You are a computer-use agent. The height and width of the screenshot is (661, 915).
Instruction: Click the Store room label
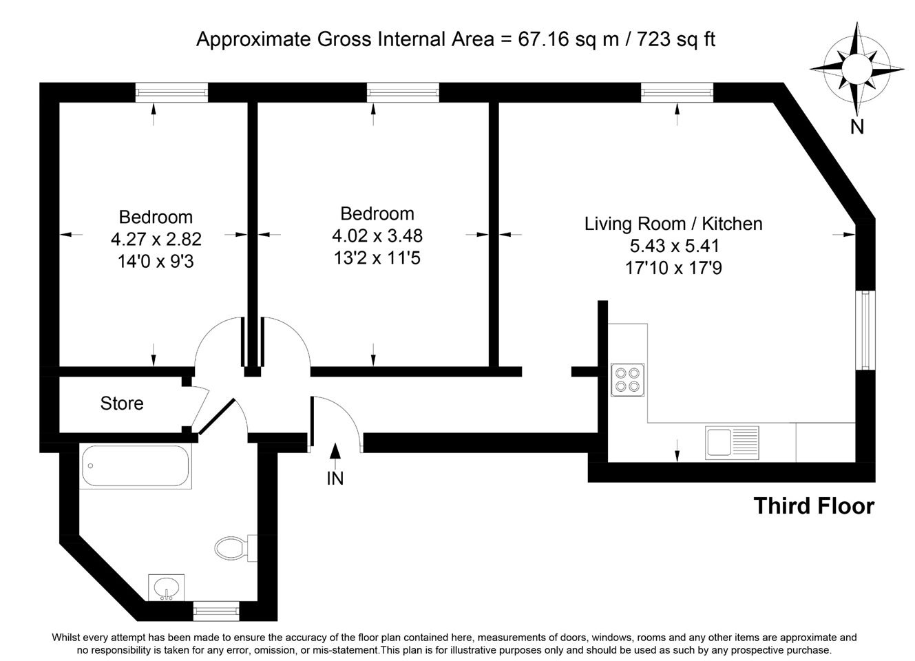click(x=122, y=403)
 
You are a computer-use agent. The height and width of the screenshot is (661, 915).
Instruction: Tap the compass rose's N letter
click(x=856, y=127)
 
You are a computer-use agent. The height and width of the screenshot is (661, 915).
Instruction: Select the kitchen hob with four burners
click(x=627, y=379)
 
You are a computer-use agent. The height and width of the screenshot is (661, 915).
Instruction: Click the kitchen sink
click(x=732, y=443)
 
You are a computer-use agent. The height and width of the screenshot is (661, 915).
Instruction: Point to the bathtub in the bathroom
click(x=136, y=465)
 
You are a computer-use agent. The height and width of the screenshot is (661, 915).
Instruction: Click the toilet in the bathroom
click(x=235, y=548)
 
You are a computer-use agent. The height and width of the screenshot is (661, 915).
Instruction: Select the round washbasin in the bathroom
click(x=166, y=588)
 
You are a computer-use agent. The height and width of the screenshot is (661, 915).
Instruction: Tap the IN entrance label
click(x=335, y=479)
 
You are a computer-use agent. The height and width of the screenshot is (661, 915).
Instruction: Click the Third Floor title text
click(x=814, y=506)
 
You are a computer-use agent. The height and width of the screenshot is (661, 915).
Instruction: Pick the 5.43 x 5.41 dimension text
click(x=674, y=246)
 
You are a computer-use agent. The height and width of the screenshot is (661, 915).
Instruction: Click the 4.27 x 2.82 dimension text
click(x=156, y=239)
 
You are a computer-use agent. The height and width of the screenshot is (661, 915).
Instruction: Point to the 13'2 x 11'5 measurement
click(x=377, y=258)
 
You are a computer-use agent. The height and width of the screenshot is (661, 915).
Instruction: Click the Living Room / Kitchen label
click(x=673, y=224)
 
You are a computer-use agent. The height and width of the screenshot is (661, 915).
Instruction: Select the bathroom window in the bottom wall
click(x=216, y=611)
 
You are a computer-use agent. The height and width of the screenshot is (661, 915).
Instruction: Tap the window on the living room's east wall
click(x=865, y=330)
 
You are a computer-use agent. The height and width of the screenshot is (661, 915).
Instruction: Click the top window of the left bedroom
click(x=171, y=92)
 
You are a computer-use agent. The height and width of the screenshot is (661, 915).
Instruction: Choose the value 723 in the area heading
click(x=653, y=40)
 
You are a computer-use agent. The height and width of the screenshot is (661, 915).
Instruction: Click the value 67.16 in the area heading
click(x=544, y=40)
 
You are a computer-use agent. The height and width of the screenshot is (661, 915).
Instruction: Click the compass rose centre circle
click(x=856, y=68)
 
